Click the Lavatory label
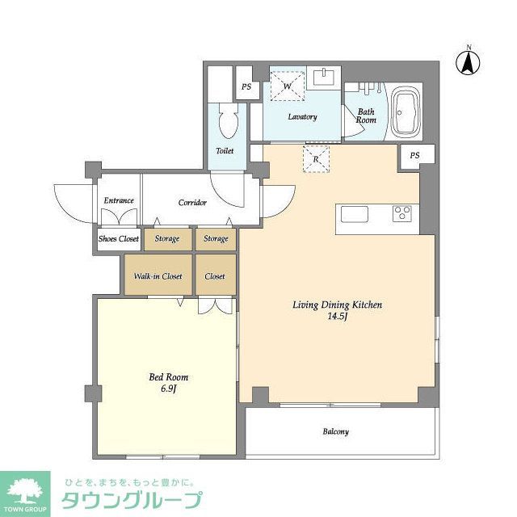point(303,117)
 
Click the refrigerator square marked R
point(317,159)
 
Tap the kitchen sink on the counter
point(355,213)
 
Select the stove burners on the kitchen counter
point(401,213)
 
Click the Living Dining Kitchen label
point(336,305)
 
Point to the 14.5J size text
point(336,317)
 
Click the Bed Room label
point(168,377)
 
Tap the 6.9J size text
point(168,389)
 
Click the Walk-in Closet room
point(158,276)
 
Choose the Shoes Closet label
point(119,239)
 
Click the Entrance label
point(119,201)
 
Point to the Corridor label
point(192,203)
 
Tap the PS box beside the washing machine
point(246,87)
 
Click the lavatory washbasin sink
point(326,77)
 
